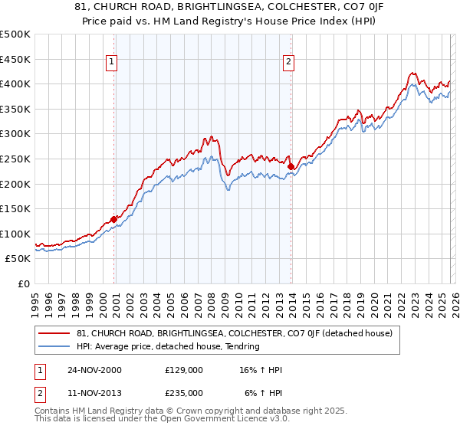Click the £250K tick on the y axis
[15, 159]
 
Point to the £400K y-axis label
[15, 84]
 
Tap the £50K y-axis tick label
[18, 259]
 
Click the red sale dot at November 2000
[114, 219]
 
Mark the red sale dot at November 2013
[291, 166]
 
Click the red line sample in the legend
[54, 333]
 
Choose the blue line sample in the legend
[54, 346]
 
